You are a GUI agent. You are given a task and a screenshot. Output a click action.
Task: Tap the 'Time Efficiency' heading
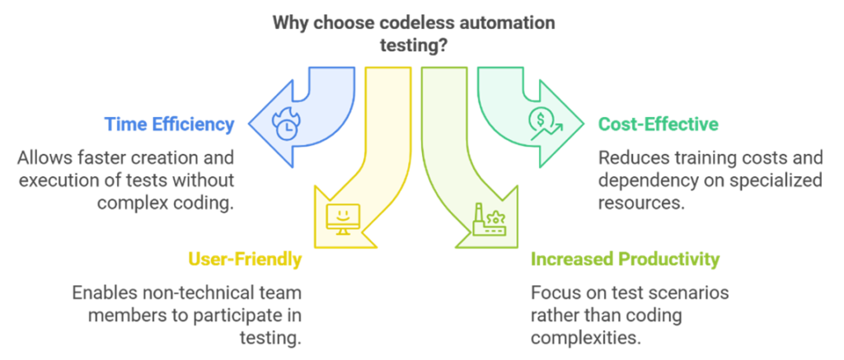click(x=170, y=124)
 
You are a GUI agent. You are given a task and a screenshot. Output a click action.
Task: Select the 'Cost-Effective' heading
click(x=658, y=124)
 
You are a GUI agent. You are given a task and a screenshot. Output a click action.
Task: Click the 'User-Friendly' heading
click(x=244, y=259)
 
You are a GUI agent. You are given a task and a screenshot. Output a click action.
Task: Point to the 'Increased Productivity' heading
click(x=625, y=259)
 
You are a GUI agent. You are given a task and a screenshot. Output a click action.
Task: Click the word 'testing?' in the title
click(x=413, y=46)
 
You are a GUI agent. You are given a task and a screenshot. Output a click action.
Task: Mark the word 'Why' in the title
click(x=289, y=23)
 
